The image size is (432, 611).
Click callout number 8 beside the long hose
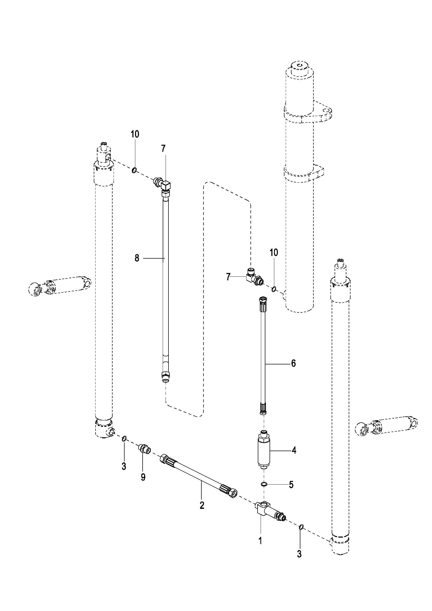[137, 258]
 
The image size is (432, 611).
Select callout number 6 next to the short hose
[293, 363]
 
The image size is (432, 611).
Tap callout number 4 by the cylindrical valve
[294, 450]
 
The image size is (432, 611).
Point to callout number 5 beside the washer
[291, 485]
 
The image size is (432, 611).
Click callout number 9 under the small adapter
[143, 478]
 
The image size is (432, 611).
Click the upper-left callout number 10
[135, 134]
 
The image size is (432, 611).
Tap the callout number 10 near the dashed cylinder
[274, 253]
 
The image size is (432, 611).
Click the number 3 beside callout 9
[124, 466]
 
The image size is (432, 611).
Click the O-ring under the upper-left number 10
[134, 170]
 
